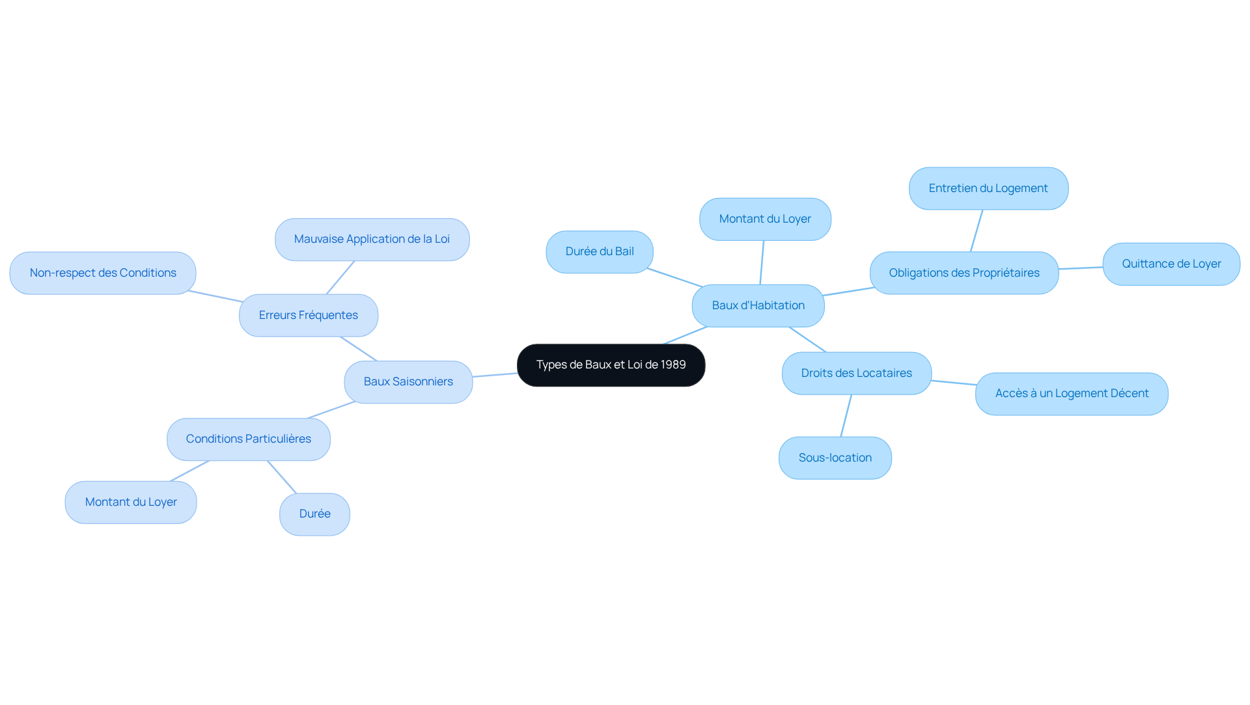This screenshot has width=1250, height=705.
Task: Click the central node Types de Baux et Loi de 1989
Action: (x=611, y=365)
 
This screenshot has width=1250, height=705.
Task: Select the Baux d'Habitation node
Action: (x=758, y=306)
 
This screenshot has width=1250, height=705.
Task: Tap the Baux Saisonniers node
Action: (x=408, y=382)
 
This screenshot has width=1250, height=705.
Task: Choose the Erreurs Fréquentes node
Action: (x=308, y=316)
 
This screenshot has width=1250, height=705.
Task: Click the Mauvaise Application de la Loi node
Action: (x=372, y=240)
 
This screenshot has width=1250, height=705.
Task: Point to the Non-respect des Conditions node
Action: (x=103, y=273)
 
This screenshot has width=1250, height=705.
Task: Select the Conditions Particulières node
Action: (x=248, y=439)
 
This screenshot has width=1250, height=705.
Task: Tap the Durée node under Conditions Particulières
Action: (x=314, y=514)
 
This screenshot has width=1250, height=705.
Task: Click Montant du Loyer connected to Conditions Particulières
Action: (x=131, y=503)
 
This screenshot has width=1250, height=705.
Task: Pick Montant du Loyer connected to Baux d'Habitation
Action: (x=765, y=219)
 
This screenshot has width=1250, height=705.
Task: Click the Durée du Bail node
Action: (x=600, y=252)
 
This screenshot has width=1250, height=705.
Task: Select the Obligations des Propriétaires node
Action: (x=964, y=273)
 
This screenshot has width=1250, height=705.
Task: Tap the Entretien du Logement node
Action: (x=988, y=189)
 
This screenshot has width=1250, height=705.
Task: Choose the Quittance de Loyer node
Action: (x=1171, y=264)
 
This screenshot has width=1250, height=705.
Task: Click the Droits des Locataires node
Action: (x=856, y=374)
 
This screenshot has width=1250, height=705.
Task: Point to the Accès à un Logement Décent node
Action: (x=1072, y=394)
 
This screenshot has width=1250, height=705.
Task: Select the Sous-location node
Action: (x=835, y=458)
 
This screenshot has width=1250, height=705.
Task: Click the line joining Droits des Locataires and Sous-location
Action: (x=846, y=416)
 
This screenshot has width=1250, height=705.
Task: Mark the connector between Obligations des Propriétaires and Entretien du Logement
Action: (x=977, y=231)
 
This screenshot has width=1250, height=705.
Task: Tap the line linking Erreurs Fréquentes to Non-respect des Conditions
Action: (x=215, y=297)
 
